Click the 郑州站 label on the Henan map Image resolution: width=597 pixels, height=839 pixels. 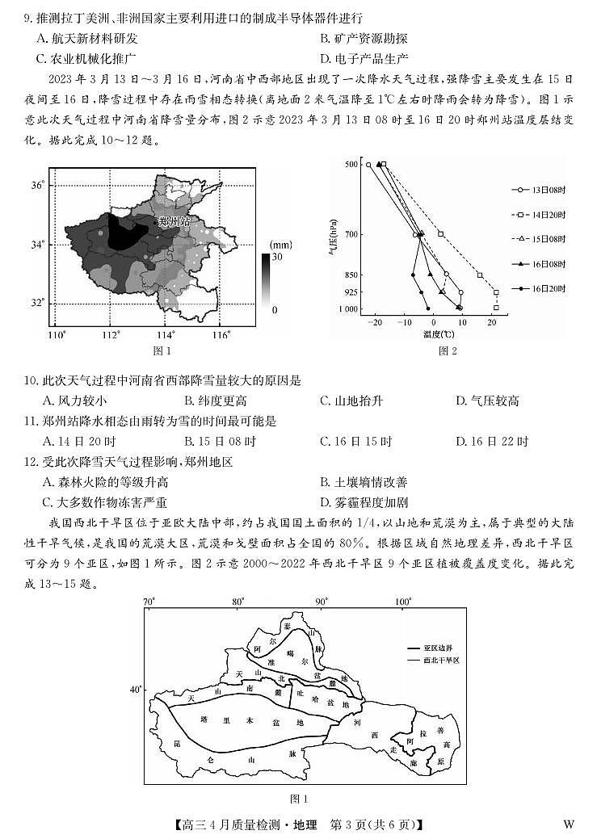coord(174,220)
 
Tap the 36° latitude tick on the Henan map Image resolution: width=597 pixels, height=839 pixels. coord(36,185)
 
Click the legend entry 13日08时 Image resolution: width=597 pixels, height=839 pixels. coord(549,190)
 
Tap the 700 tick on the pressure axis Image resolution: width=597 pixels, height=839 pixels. coord(351,234)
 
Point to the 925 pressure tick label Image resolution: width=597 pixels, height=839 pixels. coord(351,292)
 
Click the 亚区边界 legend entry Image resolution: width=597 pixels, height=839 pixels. coord(442,648)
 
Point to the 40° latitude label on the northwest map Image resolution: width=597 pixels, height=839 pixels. coord(135,689)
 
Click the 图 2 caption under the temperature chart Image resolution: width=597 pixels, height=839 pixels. coord(448,350)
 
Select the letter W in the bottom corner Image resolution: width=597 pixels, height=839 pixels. coord(569,824)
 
